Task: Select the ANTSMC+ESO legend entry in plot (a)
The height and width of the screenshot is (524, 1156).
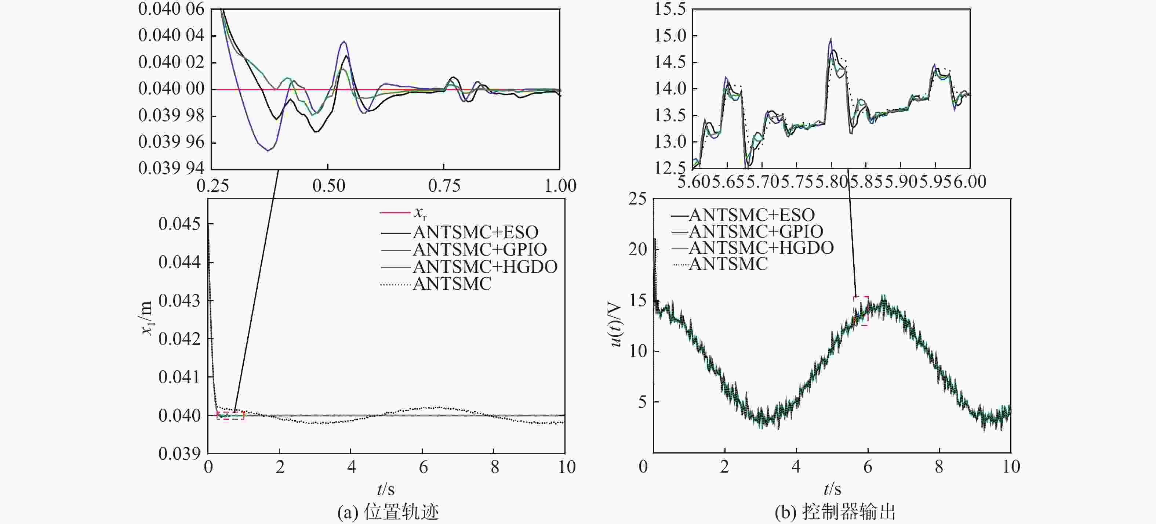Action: click(x=475, y=232)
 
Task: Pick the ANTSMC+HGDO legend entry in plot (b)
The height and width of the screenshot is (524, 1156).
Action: click(x=761, y=248)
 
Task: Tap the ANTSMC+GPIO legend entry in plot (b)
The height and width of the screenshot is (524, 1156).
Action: click(x=756, y=232)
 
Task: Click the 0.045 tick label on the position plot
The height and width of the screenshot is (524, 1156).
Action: click(x=179, y=224)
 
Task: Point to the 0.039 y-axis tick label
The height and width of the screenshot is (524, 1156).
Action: click(x=179, y=453)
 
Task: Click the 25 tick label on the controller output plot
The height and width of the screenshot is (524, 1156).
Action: click(x=637, y=198)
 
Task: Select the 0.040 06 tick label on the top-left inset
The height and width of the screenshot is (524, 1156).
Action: click(x=171, y=9)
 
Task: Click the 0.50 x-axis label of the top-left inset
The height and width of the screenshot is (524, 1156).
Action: click(x=328, y=185)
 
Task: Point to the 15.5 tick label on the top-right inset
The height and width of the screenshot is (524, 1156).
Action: click(x=669, y=9)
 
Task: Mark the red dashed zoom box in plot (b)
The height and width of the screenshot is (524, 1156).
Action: click(x=861, y=311)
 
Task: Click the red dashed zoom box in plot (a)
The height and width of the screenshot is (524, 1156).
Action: click(x=230, y=415)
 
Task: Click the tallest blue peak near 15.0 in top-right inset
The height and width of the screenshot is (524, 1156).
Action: click(x=830, y=39)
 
